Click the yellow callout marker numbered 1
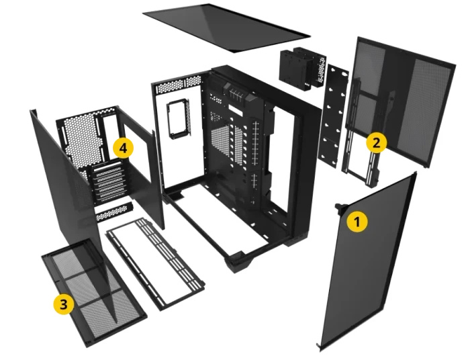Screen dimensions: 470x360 click(357, 222)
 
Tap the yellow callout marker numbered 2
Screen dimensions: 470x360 click(377, 142)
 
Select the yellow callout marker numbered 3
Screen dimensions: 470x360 click(64, 304)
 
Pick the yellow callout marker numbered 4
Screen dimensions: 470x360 click(123, 148)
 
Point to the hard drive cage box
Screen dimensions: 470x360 click(302, 69)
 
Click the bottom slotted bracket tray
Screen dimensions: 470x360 click(155, 264)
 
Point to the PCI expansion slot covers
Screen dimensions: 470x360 click(109, 183)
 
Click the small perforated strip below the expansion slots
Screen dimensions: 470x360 click(114, 212)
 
